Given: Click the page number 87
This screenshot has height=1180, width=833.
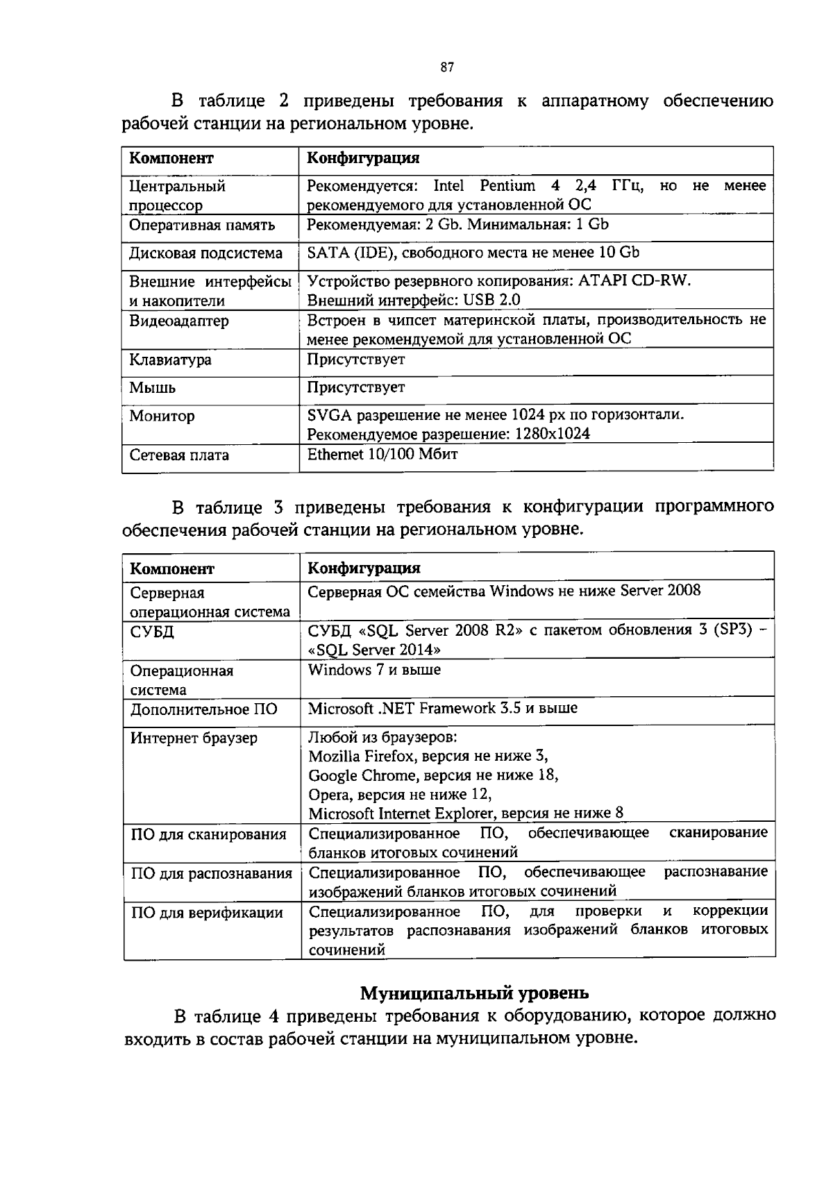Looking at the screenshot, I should (447, 67).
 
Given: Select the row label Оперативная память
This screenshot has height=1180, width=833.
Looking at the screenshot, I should (202, 225).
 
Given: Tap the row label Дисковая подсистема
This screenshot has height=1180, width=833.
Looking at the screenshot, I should (206, 253).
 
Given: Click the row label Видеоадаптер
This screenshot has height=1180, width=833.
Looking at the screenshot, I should (179, 321).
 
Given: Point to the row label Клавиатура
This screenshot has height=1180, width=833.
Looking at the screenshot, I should (171, 360).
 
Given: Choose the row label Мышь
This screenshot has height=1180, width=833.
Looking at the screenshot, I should (153, 388).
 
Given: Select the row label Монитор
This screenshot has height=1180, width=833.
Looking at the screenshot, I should (162, 416).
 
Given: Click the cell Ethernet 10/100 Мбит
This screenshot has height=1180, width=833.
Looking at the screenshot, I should (382, 454).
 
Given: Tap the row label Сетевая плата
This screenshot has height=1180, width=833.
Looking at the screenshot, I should (179, 455).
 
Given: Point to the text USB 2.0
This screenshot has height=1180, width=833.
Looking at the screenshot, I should (494, 300).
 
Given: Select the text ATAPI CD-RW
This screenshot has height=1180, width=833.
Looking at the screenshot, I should (635, 281).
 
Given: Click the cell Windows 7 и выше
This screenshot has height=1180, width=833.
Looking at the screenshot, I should (374, 670).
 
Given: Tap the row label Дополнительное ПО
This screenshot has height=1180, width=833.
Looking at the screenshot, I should (204, 709).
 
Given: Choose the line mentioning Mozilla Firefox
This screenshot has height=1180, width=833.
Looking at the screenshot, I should (428, 756).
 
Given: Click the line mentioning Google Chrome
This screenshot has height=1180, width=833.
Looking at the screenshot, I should (434, 775).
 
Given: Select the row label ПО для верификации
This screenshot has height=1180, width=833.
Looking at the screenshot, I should (207, 913).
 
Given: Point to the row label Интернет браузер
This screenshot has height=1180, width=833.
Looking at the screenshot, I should (194, 738).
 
